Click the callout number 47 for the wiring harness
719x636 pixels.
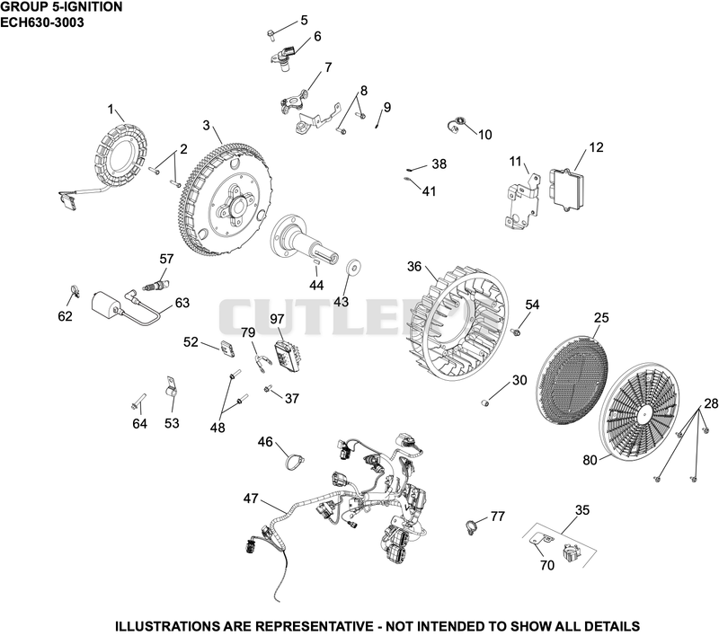[x=251, y=498]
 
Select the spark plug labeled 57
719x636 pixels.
[x=156, y=285]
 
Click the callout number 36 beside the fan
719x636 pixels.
[x=414, y=266]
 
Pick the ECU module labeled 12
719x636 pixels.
[x=567, y=190]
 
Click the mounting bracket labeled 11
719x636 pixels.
[x=521, y=201]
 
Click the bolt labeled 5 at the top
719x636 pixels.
[x=271, y=35]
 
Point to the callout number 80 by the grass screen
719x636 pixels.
[x=590, y=460]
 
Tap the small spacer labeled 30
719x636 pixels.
[x=485, y=402]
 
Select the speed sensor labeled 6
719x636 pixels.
[x=284, y=57]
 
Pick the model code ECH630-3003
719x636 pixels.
[x=42, y=22]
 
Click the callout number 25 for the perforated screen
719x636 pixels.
[x=601, y=317]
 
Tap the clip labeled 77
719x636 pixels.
[x=471, y=527]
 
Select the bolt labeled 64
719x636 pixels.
[x=138, y=401]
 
